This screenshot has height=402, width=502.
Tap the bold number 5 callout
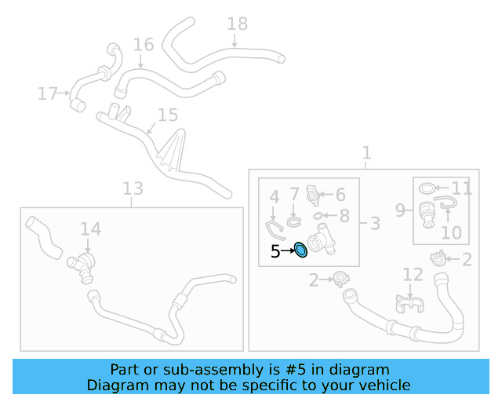tap(275, 252)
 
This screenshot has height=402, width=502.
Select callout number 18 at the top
tap(237, 24)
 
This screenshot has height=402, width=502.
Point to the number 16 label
tap(144, 45)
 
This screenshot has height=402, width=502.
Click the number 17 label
tap(47, 93)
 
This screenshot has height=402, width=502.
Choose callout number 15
tap(168, 115)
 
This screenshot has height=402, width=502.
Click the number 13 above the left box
tap(133, 188)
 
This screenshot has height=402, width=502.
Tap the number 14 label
tap(91, 229)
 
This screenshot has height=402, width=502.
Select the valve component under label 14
tap(81, 267)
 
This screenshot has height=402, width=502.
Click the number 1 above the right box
tap(366, 152)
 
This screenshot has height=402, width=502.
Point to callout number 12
tap(413, 275)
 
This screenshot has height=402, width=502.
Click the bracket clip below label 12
tap(409, 304)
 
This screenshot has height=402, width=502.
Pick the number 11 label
tap(461, 188)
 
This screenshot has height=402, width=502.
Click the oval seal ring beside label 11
tap(427, 188)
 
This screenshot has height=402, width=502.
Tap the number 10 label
tap(452, 232)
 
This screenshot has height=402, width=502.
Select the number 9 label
tap(400, 210)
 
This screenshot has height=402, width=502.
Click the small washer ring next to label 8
tap(317, 216)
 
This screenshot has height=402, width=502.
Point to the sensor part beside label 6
tap(313, 195)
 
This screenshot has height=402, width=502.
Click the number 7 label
tap(294, 194)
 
